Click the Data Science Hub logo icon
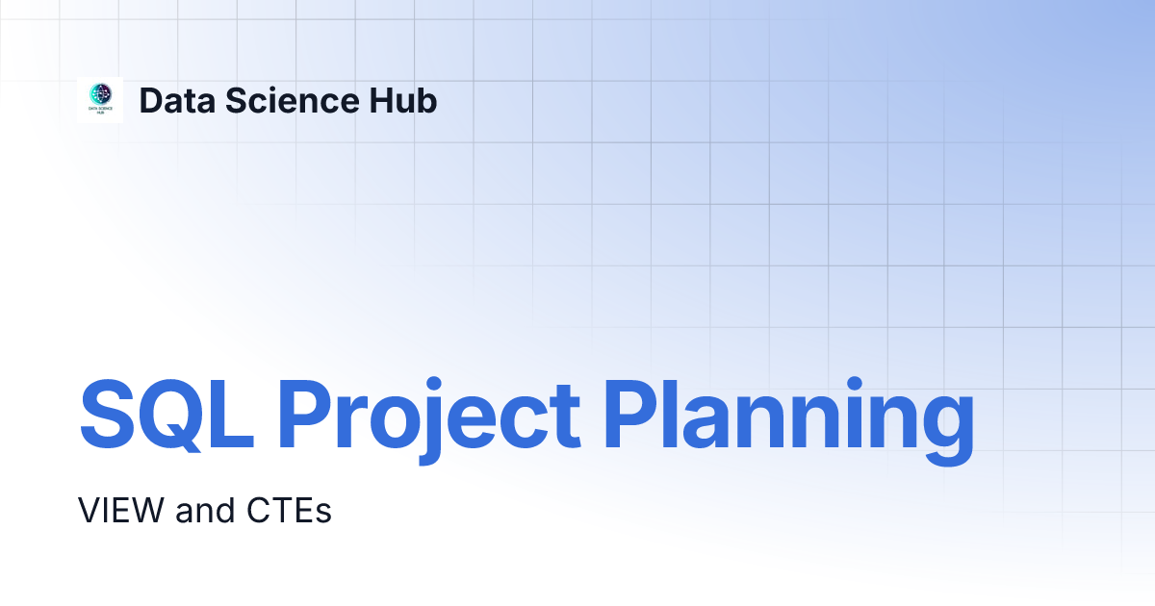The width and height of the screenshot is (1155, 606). (x=100, y=100)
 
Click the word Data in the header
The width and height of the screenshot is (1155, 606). (x=177, y=101)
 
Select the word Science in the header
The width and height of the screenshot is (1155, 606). (x=292, y=100)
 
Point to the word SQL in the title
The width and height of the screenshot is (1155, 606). (x=167, y=416)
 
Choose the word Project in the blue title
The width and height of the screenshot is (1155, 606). (x=429, y=421)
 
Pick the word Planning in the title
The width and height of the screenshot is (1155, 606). (x=788, y=421)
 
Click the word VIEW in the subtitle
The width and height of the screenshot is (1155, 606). (x=120, y=510)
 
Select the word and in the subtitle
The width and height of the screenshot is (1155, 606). (x=205, y=510)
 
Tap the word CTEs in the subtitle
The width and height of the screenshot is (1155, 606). (x=289, y=510)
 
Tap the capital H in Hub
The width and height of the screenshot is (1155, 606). (x=381, y=100)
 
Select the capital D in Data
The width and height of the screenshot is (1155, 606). (x=152, y=100)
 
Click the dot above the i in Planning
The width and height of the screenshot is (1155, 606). (x=855, y=384)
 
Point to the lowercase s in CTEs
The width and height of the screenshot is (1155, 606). (x=322, y=514)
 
